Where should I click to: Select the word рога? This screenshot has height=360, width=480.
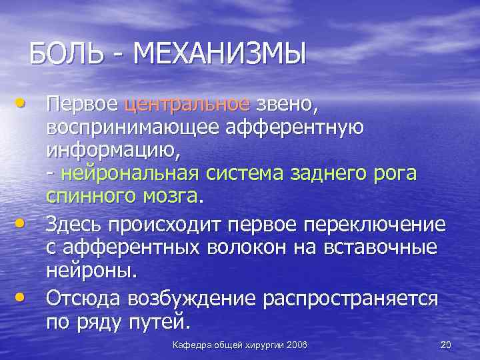point(393,175)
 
